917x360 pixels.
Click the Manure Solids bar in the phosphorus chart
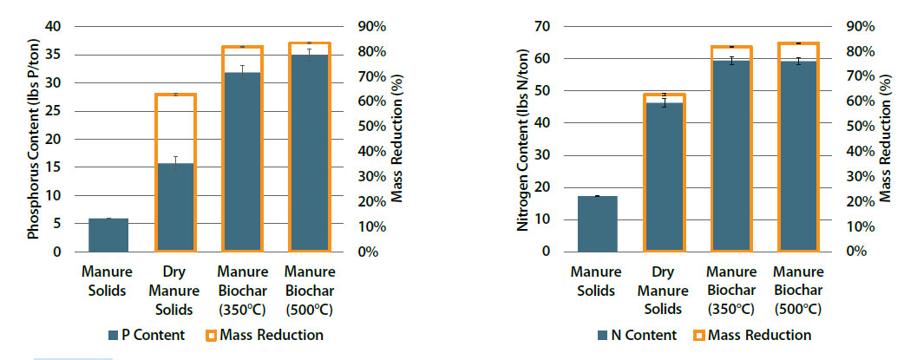(x=108, y=235)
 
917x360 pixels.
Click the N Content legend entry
(x=633, y=335)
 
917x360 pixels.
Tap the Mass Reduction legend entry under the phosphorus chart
(x=264, y=335)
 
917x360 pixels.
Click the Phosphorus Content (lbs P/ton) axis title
(x=34, y=139)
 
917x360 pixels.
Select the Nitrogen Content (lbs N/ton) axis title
(x=523, y=139)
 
